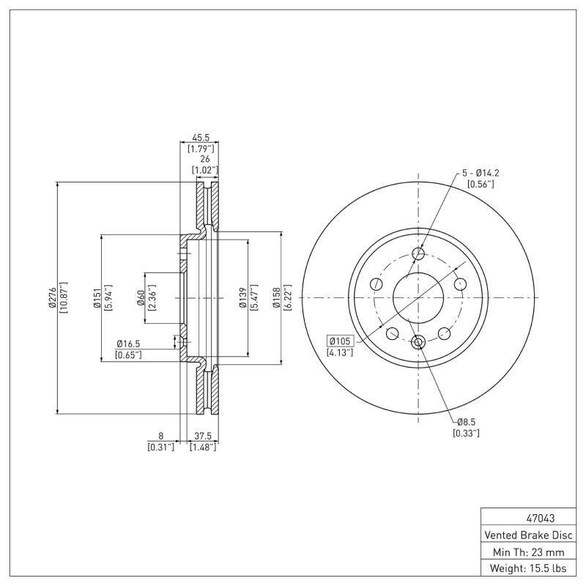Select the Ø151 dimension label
point(97,297)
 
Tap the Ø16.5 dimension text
point(127,343)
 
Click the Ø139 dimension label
point(242,297)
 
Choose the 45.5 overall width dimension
point(201,137)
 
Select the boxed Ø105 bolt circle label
point(341,341)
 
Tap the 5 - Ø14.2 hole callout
point(480,173)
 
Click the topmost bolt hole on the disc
point(419,254)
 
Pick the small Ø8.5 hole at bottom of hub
point(419,341)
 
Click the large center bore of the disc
point(419,297)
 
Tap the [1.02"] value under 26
point(203,170)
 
